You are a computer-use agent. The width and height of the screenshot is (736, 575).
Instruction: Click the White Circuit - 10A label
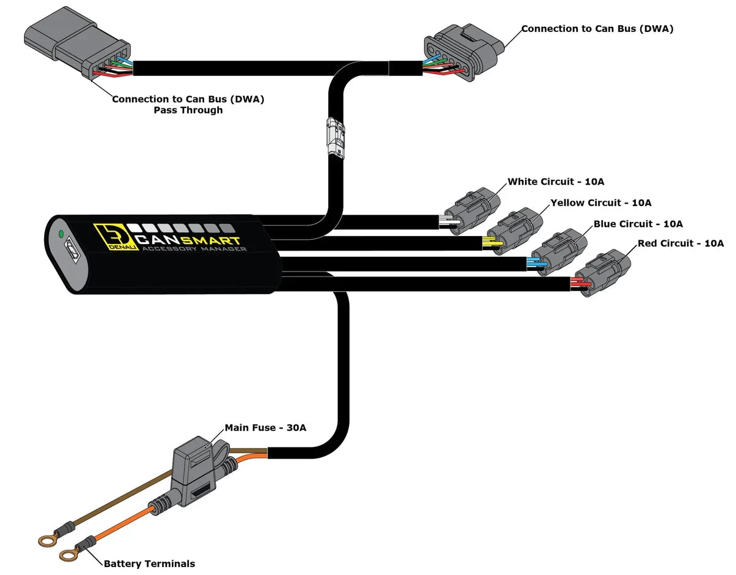[x=556, y=182]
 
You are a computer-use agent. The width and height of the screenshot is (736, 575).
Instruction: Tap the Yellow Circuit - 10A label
[x=600, y=203]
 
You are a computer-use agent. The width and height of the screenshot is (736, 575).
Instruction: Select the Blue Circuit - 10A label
[x=638, y=224]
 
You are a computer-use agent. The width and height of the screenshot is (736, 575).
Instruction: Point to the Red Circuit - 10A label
[x=680, y=244]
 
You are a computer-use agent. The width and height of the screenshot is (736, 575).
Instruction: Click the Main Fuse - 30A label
[x=265, y=428]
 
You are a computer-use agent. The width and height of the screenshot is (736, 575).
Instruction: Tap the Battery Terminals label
[x=149, y=563]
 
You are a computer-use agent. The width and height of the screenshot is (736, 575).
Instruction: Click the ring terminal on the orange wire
[x=67, y=555]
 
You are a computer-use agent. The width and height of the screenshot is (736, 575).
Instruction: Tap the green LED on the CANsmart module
[x=60, y=234]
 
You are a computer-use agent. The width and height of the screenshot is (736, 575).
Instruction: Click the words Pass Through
[x=188, y=110]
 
